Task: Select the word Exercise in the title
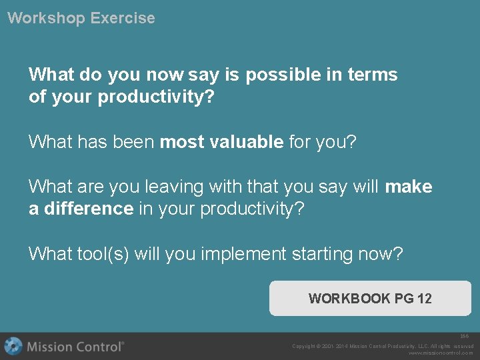click(x=123, y=18)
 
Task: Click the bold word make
click(x=409, y=187)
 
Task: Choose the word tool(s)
click(x=103, y=254)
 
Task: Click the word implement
click(x=244, y=254)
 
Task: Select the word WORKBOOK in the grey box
click(x=349, y=299)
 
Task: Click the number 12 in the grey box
click(x=424, y=299)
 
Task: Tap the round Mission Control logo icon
click(x=13, y=346)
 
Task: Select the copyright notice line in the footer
click(x=382, y=346)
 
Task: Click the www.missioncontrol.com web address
click(x=441, y=353)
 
